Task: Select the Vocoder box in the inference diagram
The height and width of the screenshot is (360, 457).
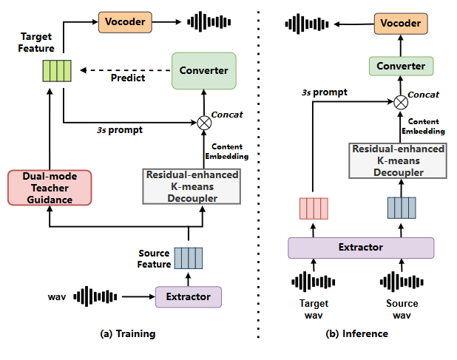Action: coord(401,24)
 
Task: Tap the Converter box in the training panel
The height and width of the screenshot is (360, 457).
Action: coord(203,70)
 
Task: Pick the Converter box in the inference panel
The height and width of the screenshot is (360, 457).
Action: coord(402,66)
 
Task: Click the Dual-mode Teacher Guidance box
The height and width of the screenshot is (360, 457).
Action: coord(49,188)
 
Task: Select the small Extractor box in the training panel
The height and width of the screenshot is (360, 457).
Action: coord(188,296)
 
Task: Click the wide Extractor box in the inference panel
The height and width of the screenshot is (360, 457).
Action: coord(360,247)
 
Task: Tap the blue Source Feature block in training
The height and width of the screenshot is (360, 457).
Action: coord(188,258)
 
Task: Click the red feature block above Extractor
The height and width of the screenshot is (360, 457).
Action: coord(312,209)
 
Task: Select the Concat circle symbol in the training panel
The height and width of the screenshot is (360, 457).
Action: coord(203,122)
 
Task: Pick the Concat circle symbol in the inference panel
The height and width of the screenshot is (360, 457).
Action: coord(401,102)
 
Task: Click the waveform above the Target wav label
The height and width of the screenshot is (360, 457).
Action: coord(312,282)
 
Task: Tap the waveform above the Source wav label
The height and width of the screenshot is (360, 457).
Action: coord(401,282)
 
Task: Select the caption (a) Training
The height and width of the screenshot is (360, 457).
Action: coord(127,333)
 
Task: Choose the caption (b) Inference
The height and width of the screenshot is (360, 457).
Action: coord(356,333)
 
